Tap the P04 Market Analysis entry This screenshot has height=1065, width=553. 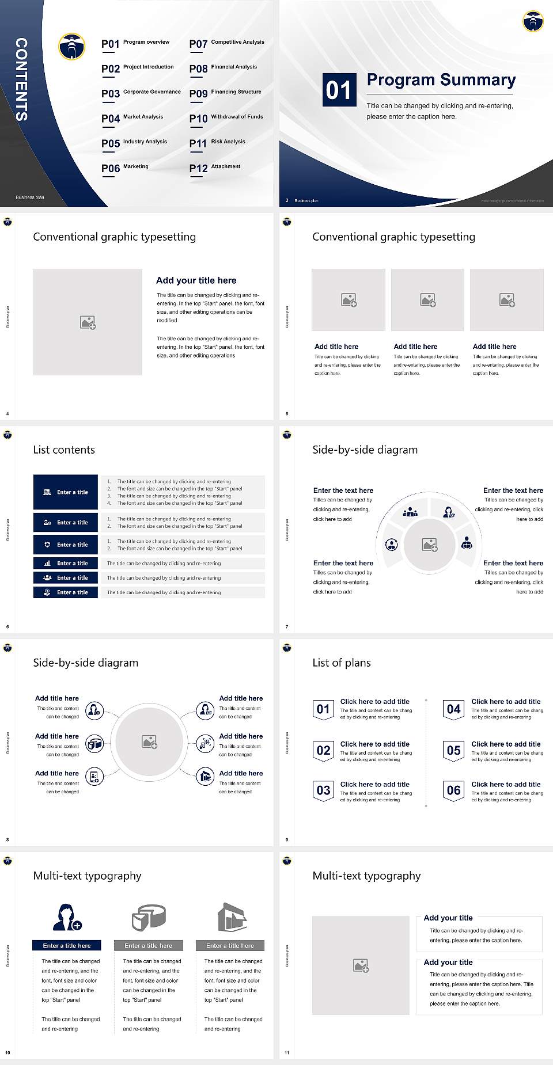pyautogui.click(x=132, y=118)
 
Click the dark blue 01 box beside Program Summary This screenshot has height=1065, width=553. pyautogui.click(x=338, y=90)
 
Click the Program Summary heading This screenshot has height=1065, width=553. pyautogui.click(x=441, y=80)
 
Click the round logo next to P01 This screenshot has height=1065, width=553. pyautogui.click(x=72, y=47)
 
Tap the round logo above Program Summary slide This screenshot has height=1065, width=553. pyautogui.click(x=533, y=21)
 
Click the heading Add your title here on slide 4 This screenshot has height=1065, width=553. pyautogui.click(x=196, y=280)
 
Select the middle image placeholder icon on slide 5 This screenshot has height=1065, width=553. pyautogui.click(x=427, y=300)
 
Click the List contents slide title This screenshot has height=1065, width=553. pyautogui.click(x=64, y=450)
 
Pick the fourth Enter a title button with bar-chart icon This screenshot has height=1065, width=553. pyautogui.click(x=66, y=563)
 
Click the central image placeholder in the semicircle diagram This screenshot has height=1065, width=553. pyautogui.click(x=429, y=545)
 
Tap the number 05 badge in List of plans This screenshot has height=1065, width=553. pyautogui.click(x=454, y=750)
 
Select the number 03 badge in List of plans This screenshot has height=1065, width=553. pyautogui.click(x=323, y=790)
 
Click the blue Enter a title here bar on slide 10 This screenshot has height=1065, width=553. pyautogui.click(x=67, y=945)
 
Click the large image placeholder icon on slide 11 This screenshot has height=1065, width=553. pyautogui.click(x=361, y=965)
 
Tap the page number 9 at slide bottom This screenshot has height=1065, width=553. pyautogui.click(x=287, y=839)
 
